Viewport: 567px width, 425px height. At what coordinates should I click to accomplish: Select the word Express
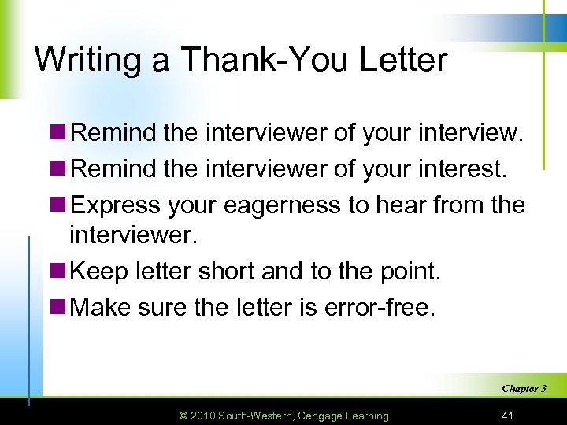(x=117, y=205)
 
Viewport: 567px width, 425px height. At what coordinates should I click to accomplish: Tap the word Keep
(x=98, y=272)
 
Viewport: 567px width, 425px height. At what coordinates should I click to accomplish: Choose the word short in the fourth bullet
(x=218, y=272)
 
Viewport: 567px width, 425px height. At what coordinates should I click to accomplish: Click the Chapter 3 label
(x=524, y=388)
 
